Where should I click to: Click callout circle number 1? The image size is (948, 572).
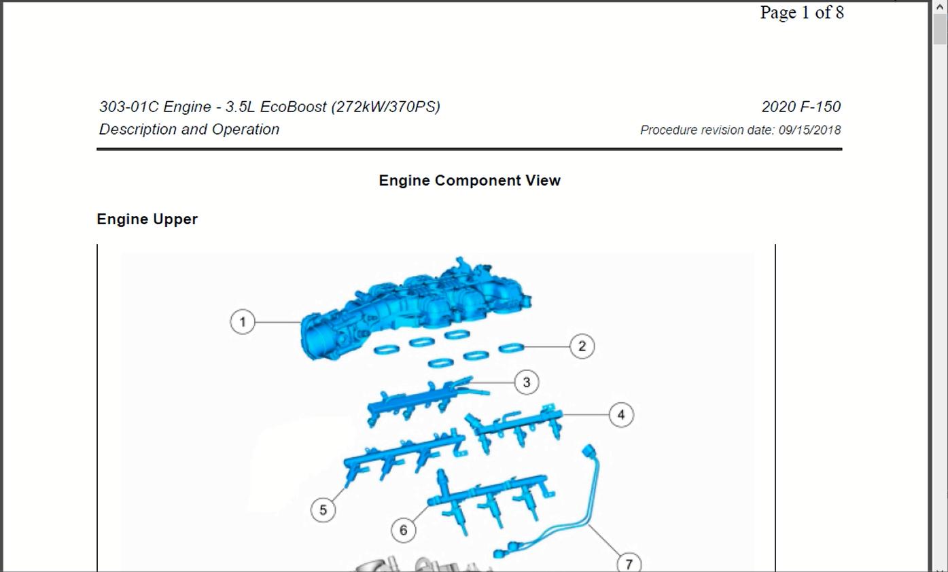[243, 322]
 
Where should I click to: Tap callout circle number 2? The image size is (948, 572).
[582, 346]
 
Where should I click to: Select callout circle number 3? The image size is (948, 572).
[527, 382]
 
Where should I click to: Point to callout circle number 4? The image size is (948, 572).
[621, 415]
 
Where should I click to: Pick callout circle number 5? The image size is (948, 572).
[323, 510]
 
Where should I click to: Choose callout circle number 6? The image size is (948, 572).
[403, 530]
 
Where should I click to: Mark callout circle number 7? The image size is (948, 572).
[629, 564]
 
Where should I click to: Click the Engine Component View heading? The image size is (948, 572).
[470, 181]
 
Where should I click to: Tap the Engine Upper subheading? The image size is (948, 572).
[147, 219]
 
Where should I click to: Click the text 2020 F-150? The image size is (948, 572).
[801, 107]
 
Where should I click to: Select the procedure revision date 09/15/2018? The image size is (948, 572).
[809, 130]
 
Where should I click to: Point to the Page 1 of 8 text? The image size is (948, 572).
[802, 12]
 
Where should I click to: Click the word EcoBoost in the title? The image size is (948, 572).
[293, 107]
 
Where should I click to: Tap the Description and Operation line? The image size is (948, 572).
[189, 129]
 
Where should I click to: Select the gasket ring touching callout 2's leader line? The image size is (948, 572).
[511, 348]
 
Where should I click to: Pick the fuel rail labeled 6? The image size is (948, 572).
[491, 499]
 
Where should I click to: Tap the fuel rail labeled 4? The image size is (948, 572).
[514, 427]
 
